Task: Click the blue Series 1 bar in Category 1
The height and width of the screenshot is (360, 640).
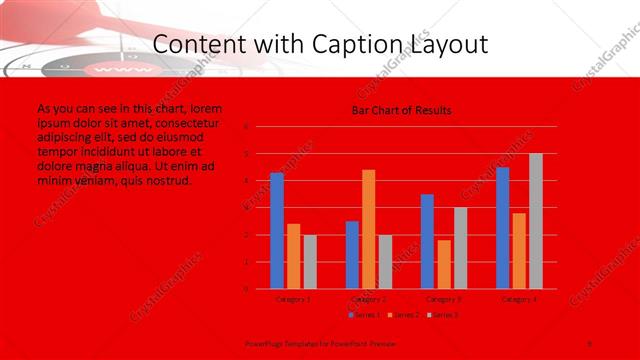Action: click(277, 231)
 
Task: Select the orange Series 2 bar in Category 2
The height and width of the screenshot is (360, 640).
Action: click(369, 229)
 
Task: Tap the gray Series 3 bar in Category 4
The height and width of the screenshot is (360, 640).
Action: click(536, 221)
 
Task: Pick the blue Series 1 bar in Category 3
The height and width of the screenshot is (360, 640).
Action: click(427, 241)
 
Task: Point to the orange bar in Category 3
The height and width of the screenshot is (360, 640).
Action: click(444, 264)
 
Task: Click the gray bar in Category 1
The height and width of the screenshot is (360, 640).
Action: click(310, 261)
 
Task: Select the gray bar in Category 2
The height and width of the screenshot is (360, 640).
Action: click(385, 261)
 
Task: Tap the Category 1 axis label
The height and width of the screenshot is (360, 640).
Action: click(293, 298)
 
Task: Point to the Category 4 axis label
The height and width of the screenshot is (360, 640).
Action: click(519, 298)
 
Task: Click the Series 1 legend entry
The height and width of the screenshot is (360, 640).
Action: click(364, 315)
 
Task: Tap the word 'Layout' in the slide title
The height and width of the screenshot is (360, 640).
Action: click(446, 45)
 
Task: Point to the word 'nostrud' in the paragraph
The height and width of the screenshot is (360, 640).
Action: click(167, 181)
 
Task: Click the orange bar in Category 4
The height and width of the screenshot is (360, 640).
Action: click(519, 250)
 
